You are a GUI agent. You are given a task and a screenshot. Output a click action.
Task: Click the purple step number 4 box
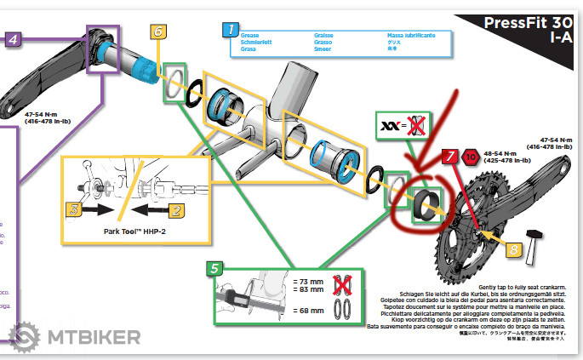point(14,39)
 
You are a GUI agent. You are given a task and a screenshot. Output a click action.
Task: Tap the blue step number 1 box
point(229,30)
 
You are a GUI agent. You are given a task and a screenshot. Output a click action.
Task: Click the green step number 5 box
point(214,270)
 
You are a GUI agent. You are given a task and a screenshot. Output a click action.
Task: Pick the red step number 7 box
point(450,155)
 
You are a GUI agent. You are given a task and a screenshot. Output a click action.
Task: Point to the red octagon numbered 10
point(471,157)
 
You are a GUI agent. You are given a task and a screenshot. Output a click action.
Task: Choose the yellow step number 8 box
point(513,249)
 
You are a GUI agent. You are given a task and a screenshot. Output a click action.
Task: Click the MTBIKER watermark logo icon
point(24,336)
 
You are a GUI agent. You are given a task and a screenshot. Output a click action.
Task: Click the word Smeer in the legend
point(300,49)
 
